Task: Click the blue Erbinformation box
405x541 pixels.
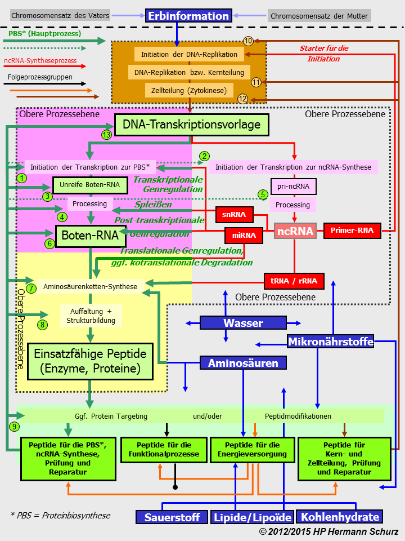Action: click(188, 16)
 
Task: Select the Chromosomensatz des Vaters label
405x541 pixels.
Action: click(53, 16)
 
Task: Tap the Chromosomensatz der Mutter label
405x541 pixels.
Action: click(319, 16)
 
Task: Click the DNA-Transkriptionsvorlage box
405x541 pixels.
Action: click(192, 125)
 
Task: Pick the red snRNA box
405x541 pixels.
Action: click(234, 215)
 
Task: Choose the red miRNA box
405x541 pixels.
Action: click(244, 235)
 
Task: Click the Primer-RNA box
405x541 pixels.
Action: click(352, 230)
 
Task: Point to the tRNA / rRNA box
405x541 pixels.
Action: click(294, 281)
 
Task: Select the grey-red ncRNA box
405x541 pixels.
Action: click(295, 230)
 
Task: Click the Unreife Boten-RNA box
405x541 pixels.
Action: click(86, 185)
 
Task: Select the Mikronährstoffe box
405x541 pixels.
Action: click(330, 342)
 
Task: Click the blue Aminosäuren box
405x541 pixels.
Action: click(243, 363)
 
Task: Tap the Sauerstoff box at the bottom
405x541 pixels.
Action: click(171, 517)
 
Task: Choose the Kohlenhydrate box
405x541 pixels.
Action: click(339, 517)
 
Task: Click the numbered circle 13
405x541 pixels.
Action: click(107, 135)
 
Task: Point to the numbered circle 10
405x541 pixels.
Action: click(248, 41)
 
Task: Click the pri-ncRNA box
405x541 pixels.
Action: click(293, 187)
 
